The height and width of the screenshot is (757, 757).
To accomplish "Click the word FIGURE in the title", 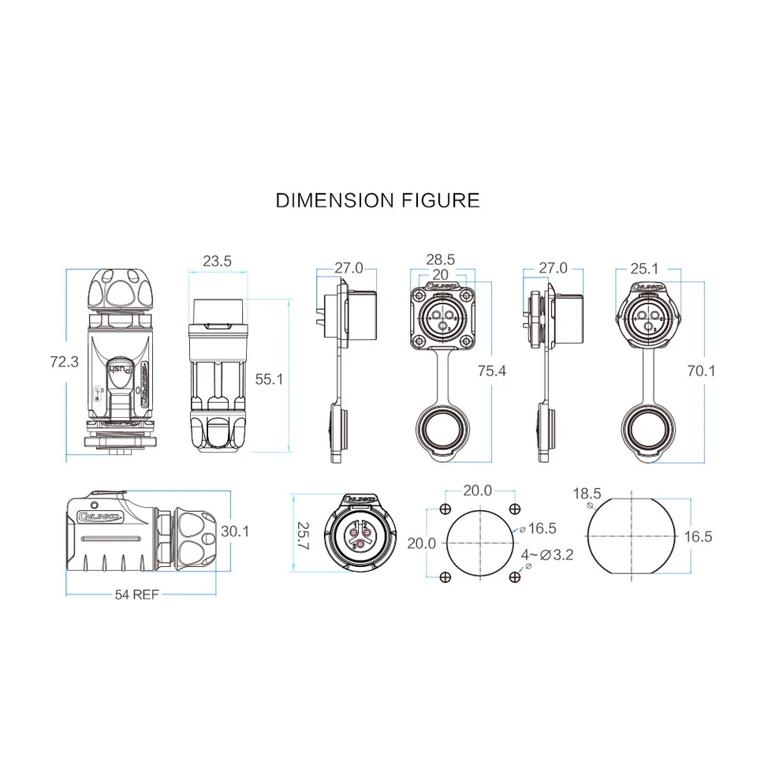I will [438, 200].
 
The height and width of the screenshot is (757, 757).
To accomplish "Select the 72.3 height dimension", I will [65, 362].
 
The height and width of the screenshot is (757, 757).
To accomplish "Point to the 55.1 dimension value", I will [269, 379].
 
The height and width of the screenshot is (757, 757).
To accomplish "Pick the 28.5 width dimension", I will [440, 259].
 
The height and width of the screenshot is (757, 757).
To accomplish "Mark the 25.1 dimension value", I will [646, 268].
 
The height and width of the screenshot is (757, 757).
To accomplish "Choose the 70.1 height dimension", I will [701, 369].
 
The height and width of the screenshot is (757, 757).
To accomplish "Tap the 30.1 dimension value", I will [235, 531].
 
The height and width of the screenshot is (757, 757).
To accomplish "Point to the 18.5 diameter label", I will [587, 494].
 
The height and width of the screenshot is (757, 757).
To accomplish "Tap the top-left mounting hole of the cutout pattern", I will [446, 509].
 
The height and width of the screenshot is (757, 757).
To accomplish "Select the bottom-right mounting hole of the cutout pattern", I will [514, 578].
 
